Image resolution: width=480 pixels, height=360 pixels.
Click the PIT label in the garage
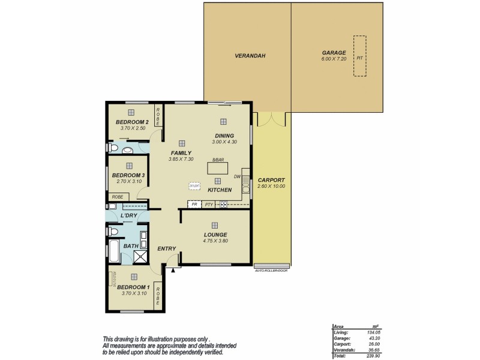pos(359,58)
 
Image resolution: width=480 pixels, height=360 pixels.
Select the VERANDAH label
pos(250,56)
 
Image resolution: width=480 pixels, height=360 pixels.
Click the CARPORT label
pos(271,180)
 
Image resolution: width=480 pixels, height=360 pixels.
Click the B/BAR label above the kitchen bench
pos(217,160)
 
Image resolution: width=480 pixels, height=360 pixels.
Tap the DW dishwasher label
pos(237,176)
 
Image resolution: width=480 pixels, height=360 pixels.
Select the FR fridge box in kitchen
pos(194,204)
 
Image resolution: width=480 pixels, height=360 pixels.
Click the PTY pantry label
pos(209,204)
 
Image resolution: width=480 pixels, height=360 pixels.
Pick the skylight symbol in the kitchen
pos(194,187)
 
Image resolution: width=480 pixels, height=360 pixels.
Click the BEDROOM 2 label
pos(132,122)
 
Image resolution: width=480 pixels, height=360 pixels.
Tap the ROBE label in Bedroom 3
pos(117,196)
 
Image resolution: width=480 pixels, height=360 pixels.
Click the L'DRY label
pos(129,215)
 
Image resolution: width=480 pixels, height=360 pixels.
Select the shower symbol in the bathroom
pos(140,257)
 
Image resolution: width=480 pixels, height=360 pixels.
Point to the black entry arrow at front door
pos(173,271)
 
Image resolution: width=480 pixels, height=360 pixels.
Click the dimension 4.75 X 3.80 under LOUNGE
pos(215,241)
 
